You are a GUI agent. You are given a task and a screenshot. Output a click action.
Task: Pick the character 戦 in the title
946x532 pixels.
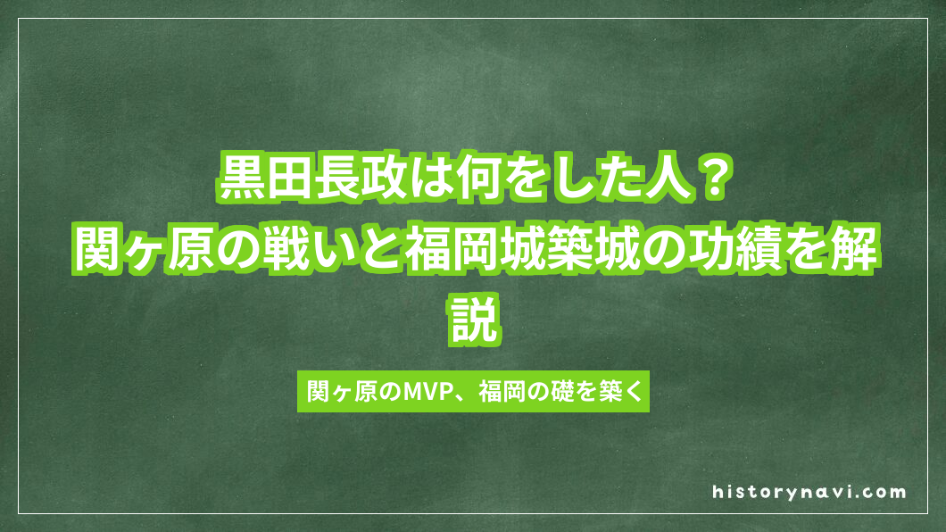[285, 252]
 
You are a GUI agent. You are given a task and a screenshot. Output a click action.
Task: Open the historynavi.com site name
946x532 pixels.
[809, 492]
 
